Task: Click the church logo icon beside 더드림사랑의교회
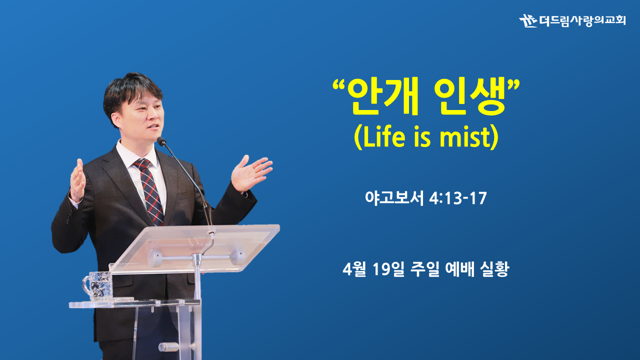pyautogui.click(x=528, y=21)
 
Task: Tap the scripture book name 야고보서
pyautogui.click(x=394, y=198)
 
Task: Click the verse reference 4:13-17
pyautogui.click(x=458, y=198)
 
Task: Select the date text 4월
pyautogui.click(x=354, y=269)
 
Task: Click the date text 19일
pyautogui.click(x=389, y=269)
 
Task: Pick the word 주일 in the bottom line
pyautogui.click(x=424, y=269)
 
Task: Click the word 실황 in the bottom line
pyautogui.click(x=494, y=269)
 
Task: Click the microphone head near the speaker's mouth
pyautogui.click(x=161, y=141)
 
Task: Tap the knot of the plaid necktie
pyautogui.click(x=141, y=164)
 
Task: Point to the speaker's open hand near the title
pyautogui.click(x=250, y=173)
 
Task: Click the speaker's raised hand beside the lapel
pyautogui.click(x=77, y=180)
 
